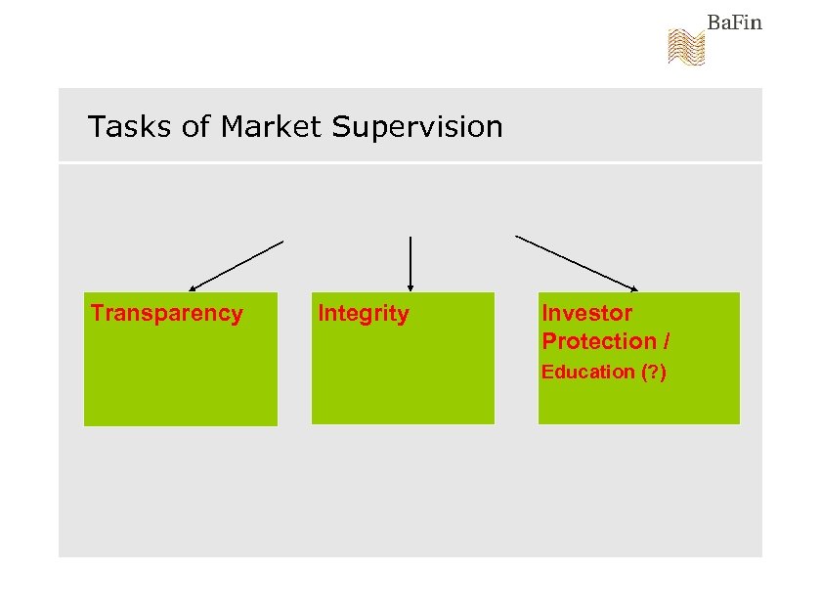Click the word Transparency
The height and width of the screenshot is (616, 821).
click(167, 314)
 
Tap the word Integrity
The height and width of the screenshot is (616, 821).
click(364, 314)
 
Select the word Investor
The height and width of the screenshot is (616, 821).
click(586, 313)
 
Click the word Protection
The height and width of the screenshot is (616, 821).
click(598, 341)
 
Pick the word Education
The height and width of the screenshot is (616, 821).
click(588, 372)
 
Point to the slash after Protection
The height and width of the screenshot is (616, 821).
click(666, 341)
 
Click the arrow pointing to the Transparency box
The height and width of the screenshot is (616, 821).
click(237, 265)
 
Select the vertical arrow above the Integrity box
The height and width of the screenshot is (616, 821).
click(410, 262)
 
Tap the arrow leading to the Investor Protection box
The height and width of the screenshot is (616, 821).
click(576, 263)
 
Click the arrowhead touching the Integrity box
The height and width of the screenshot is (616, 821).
click(410, 287)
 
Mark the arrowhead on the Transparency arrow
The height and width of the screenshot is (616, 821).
click(193, 288)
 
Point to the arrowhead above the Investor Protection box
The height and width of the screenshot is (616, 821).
click(633, 288)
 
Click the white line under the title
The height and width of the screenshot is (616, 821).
click(410, 162)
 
